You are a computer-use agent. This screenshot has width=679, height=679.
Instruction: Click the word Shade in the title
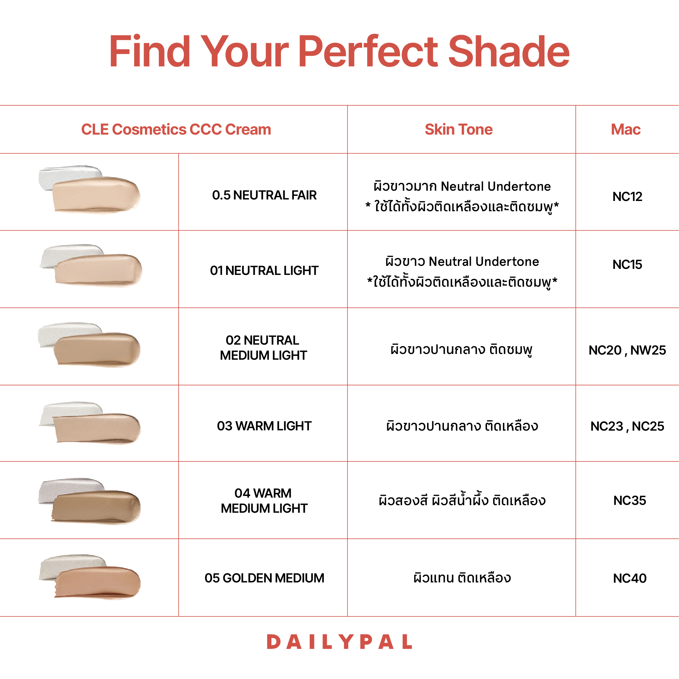tap(508, 52)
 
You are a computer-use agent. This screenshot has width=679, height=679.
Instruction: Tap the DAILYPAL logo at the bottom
tap(339, 642)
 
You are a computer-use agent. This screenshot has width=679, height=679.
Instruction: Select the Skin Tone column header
tap(458, 129)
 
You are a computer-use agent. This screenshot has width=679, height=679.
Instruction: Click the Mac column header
tap(626, 129)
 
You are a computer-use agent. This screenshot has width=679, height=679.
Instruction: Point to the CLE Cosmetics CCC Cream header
tap(176, 129)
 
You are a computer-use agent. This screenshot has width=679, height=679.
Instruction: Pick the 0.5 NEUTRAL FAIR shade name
tap(264, 195)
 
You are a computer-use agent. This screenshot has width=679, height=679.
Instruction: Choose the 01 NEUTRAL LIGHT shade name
tap(264, 271)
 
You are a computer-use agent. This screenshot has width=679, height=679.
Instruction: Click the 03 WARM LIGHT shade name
tap(264, 426)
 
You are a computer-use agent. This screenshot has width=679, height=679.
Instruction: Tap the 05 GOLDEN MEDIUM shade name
tap(264, 578)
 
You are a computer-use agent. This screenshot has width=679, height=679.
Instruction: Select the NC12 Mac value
tap(627, 196)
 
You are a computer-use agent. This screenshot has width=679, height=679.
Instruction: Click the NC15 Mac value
tap(627, 265)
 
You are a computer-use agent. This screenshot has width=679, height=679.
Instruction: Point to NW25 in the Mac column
tap(648, 350)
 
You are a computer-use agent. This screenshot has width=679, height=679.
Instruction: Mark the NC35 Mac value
tap(630, 500)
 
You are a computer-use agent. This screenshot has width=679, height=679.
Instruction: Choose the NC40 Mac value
tap(630, 578)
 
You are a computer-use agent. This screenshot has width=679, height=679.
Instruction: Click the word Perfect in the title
tap(368, 52)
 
